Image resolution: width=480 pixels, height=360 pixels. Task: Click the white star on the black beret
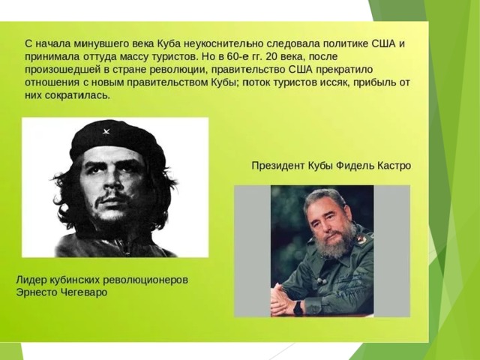[106, 132]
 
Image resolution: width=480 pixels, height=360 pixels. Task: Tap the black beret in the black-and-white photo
[117, 140]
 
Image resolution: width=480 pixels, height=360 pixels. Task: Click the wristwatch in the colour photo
[298, 307]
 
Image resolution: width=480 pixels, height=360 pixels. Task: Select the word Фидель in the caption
[355, 166]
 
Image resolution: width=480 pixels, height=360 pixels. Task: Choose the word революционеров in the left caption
[145, 280]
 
